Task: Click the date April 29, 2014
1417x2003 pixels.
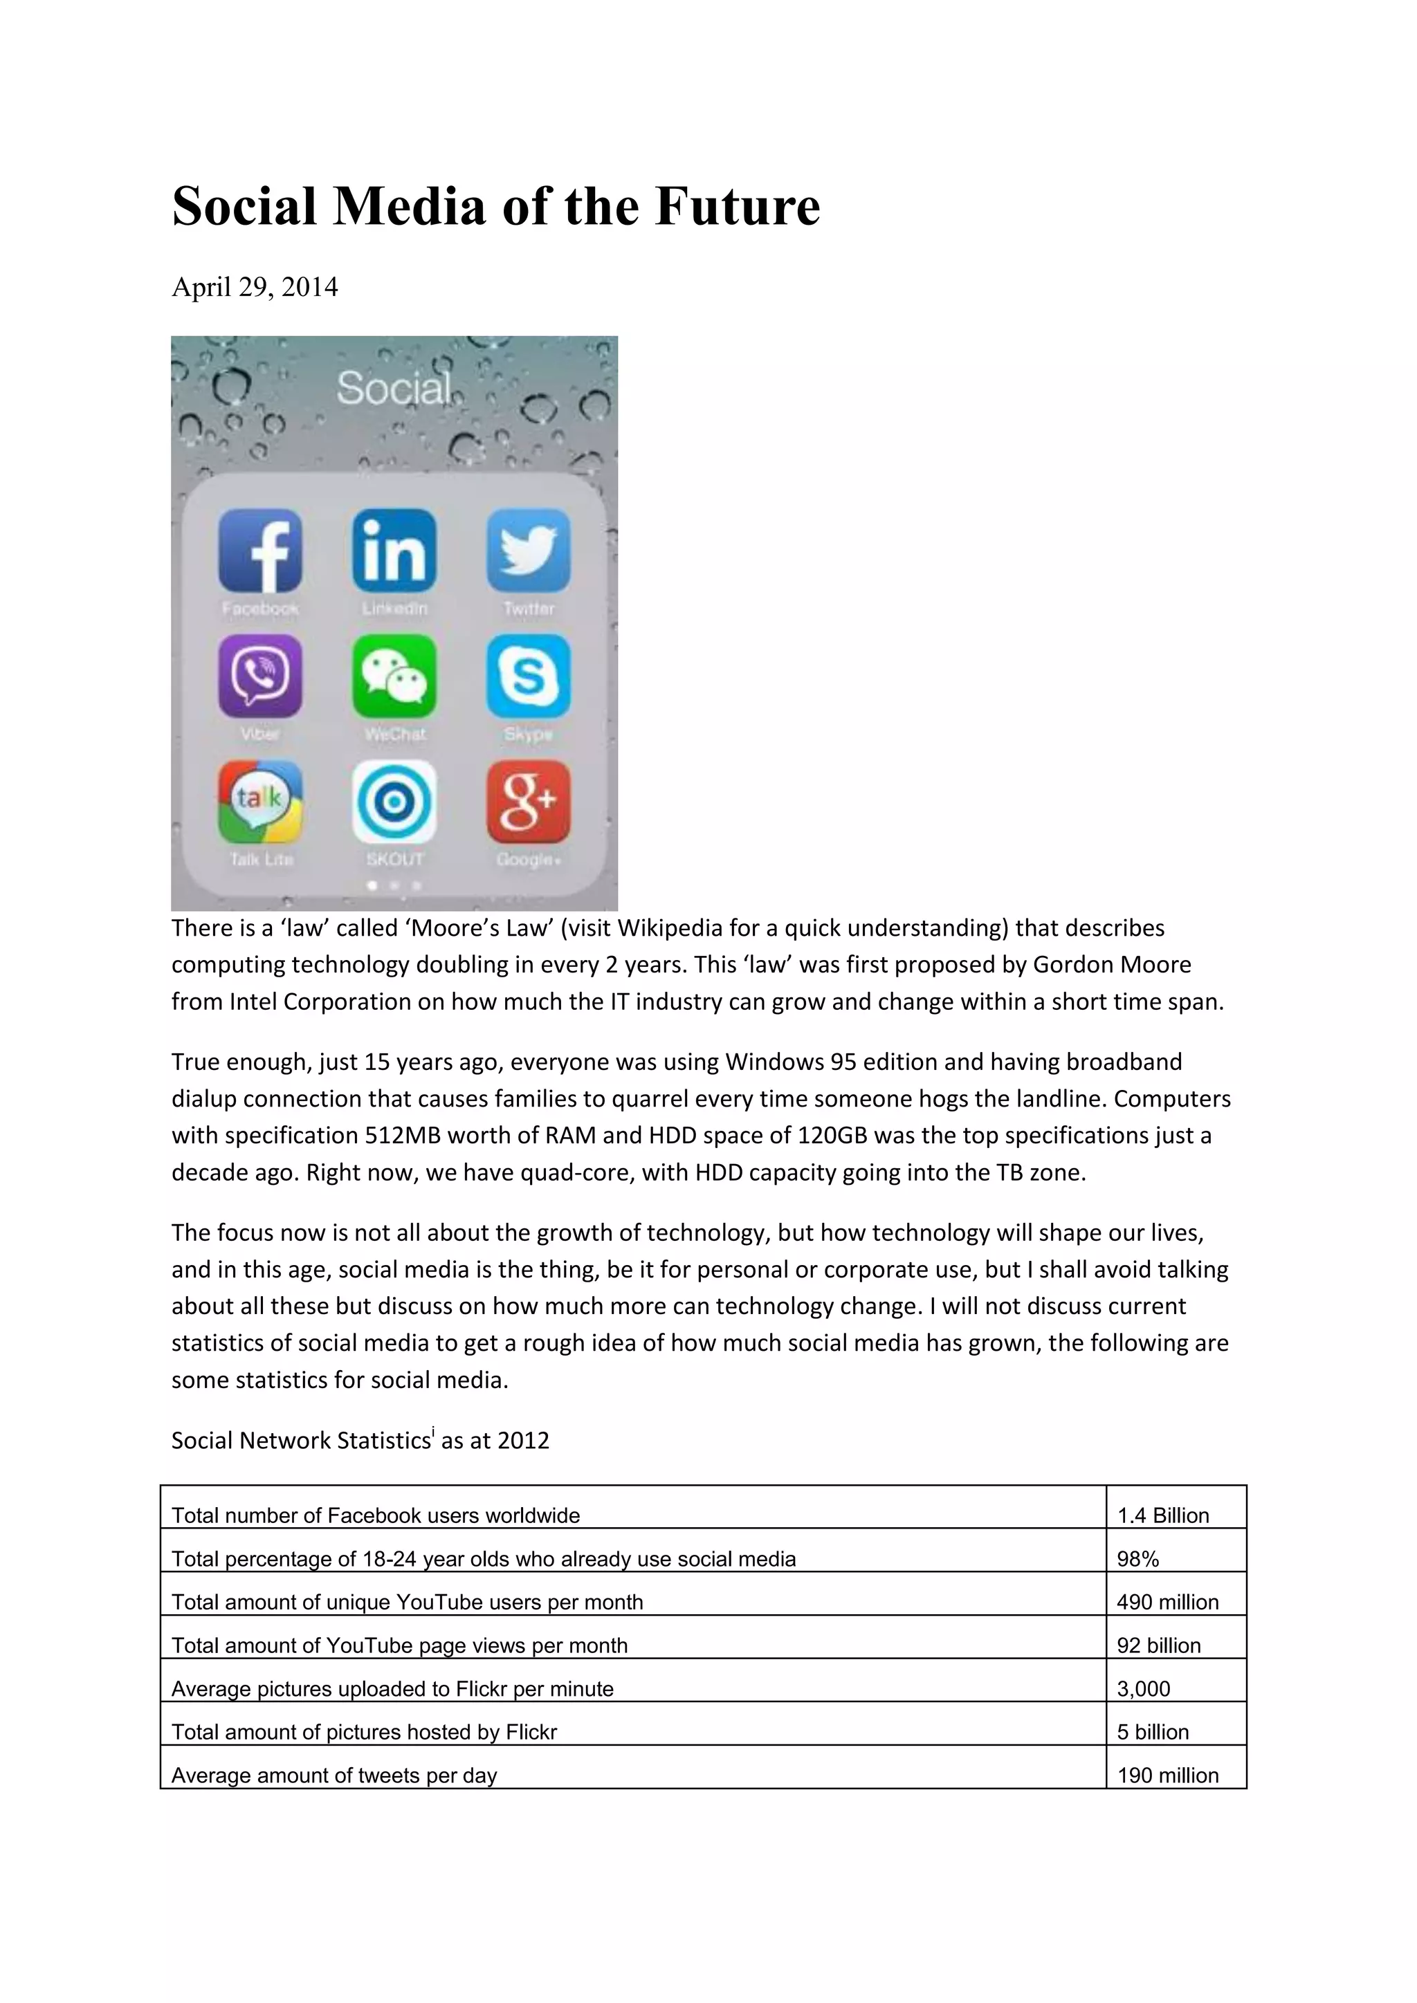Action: (254, 287)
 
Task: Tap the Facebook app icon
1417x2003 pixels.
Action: (260, 551)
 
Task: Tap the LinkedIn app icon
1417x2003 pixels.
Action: (394, 551)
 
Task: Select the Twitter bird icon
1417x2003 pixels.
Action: (529, 551)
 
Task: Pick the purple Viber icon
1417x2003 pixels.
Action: (260, 676)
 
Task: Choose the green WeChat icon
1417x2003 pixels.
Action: (394, 676)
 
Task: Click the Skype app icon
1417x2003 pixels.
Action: (529, 676)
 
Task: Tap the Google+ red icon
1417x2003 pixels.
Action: (529, 802)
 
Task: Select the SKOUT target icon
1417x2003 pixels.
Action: (394, 802)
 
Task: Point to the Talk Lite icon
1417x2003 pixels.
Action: (260, 802)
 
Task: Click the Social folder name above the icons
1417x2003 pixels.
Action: (394, 388)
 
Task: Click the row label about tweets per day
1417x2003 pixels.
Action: (334, 1775)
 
